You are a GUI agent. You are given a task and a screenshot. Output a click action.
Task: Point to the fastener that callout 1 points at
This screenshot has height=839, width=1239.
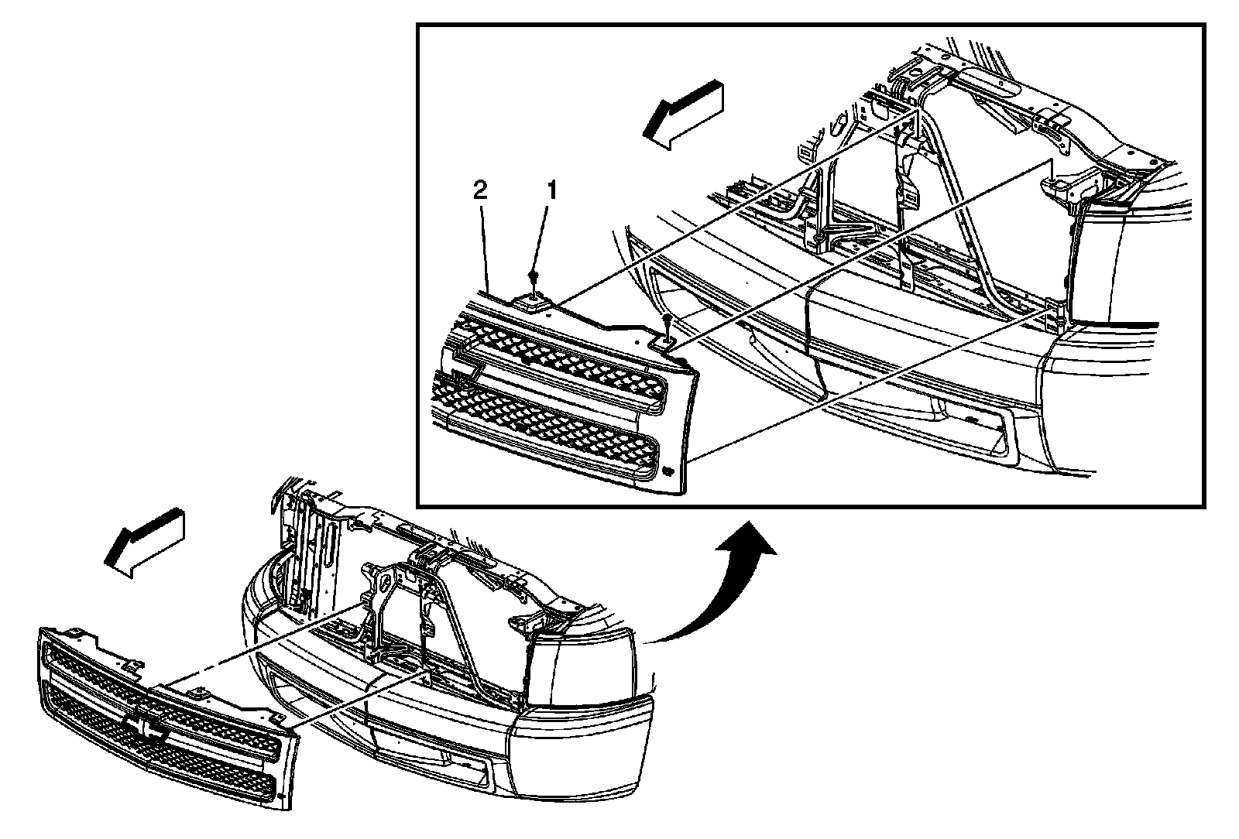pos(534,277)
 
